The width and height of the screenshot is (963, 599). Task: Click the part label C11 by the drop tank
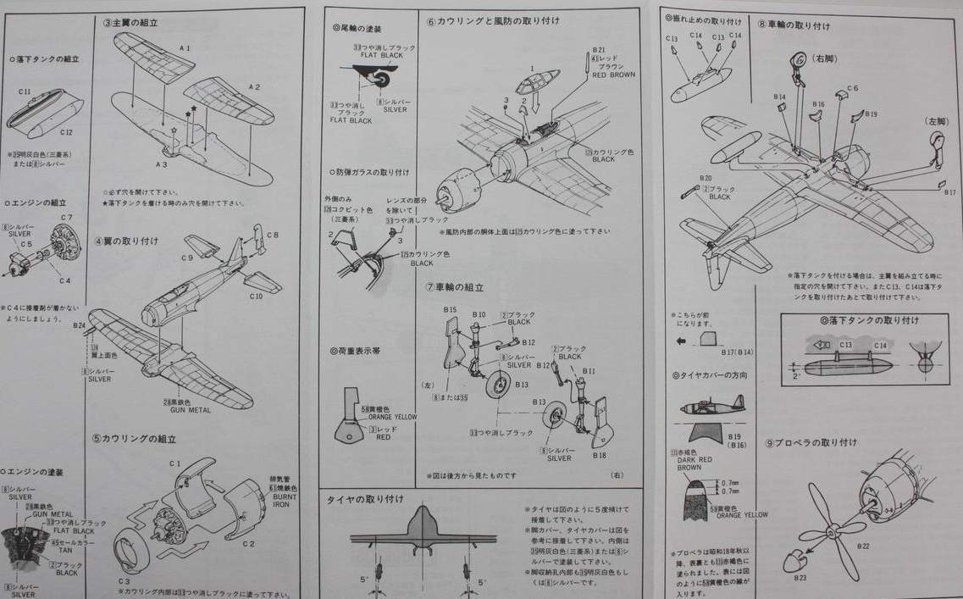pyautogui.click(x=25, y=91)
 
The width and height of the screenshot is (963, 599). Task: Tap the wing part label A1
pyautogui.click(x=185, y=48)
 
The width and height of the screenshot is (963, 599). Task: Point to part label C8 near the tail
pyautogui.click(x=272, y=235)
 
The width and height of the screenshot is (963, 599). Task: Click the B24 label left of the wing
pyautogui.click(x=80, y=325)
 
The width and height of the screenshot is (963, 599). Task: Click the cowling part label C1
pyautogui.click(x=175, y=463)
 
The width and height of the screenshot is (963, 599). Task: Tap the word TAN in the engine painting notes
pyautogui.click(x=60, y=550)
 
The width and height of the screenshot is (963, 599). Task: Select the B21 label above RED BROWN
pyautogui.click(x=599, y=51)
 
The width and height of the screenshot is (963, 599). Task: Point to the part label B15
pyautogui.click(x=449, y=310)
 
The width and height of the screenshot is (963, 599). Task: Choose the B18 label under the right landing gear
pyautogui.click(x=599, y=455)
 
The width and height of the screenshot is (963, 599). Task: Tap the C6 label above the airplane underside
pyautogui.click(x=852, y=88)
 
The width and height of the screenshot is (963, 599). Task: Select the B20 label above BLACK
pyautogui.click(x=706, y=178)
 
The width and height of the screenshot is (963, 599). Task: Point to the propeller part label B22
pyautogui.click(x=863, y=546)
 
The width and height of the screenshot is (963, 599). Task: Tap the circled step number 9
pyautogui.click(x=769, y=443)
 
